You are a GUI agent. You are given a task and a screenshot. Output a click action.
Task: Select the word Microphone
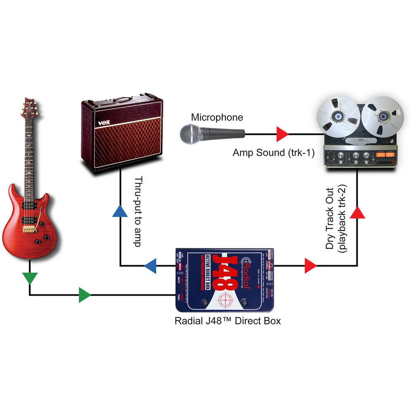pyautogui.click(x=217, y=117)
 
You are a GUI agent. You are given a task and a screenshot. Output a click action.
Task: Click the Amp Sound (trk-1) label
pyautogui.click(x=273, y=152)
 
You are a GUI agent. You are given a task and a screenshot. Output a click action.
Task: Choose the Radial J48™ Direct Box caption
pyautogui.click(x=228, y=320)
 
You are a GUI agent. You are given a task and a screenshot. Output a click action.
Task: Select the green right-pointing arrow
pyautogui.click(x=85, y=295)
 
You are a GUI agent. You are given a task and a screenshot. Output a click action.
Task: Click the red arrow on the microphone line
pyautogui.click(x=282, y=134)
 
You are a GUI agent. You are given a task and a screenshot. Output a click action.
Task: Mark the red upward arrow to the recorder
pyautogui.click(x=358, y=212)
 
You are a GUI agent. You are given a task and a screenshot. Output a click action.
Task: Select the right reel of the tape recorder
pyautogui.click(x=382, y=115)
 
